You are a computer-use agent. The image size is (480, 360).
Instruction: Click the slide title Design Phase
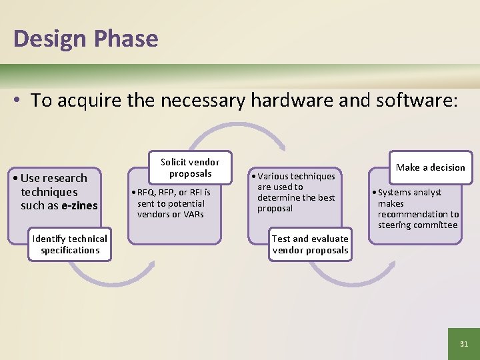click(85, 38)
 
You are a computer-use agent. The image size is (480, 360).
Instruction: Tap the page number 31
click(463, 344)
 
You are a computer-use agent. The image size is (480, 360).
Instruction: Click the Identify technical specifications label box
click(70, 245)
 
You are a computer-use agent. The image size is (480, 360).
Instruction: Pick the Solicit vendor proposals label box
click(190, 168)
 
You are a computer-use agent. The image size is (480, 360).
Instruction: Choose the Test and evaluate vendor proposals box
click(310, 245)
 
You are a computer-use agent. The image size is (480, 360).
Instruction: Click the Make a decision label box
click(430, 167)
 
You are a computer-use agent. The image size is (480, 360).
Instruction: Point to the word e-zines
click(79, 206)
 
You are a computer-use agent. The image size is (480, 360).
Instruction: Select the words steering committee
click(417, 225)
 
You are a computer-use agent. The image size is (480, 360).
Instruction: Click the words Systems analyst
click(409, 193)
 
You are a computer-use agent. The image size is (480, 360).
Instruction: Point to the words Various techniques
click(296, 177)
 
